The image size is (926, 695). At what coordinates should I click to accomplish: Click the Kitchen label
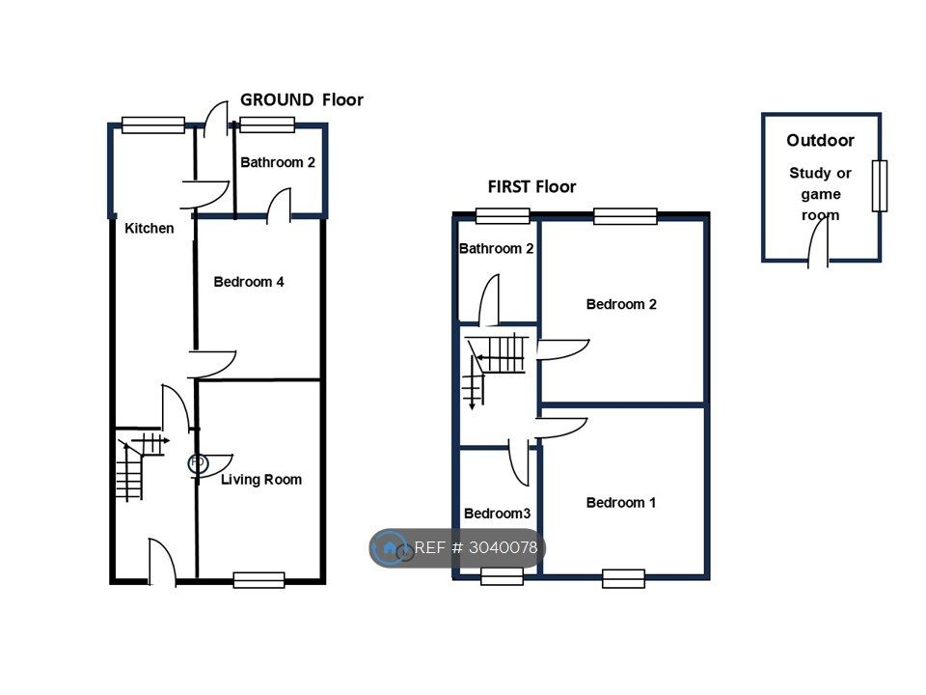pos(150,228)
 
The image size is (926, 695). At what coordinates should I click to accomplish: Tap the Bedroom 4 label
pos(249,282)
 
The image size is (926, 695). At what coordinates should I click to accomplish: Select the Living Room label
pos(261,480)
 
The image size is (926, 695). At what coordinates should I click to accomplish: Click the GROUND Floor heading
pos(301,99)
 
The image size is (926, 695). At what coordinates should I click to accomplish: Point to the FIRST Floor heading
pos(531,186)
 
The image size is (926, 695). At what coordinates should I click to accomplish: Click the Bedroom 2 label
pos(621,304)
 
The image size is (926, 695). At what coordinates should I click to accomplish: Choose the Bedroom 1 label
pos(620,503)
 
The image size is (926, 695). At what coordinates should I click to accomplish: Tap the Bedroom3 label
pos(498,514)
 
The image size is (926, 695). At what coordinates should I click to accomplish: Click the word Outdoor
pos(820,141)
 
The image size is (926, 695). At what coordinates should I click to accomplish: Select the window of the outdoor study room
pos(880,185)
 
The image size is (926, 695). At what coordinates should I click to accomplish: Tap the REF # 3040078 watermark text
pos(476,548)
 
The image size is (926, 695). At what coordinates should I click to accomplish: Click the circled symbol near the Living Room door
pos(198,462)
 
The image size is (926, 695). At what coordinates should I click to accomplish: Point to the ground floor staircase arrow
pos(150,440)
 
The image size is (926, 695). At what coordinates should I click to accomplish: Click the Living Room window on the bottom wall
pos(259,580)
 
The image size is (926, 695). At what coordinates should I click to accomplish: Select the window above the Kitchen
pos(153,125)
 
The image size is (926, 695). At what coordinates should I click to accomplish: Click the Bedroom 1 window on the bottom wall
pos(624,578)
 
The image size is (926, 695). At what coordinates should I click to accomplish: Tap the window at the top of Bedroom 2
pos(625,216)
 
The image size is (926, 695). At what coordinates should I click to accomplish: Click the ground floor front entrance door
pos(162,562)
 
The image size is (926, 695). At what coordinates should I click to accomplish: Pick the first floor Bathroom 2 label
pos(496,249)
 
